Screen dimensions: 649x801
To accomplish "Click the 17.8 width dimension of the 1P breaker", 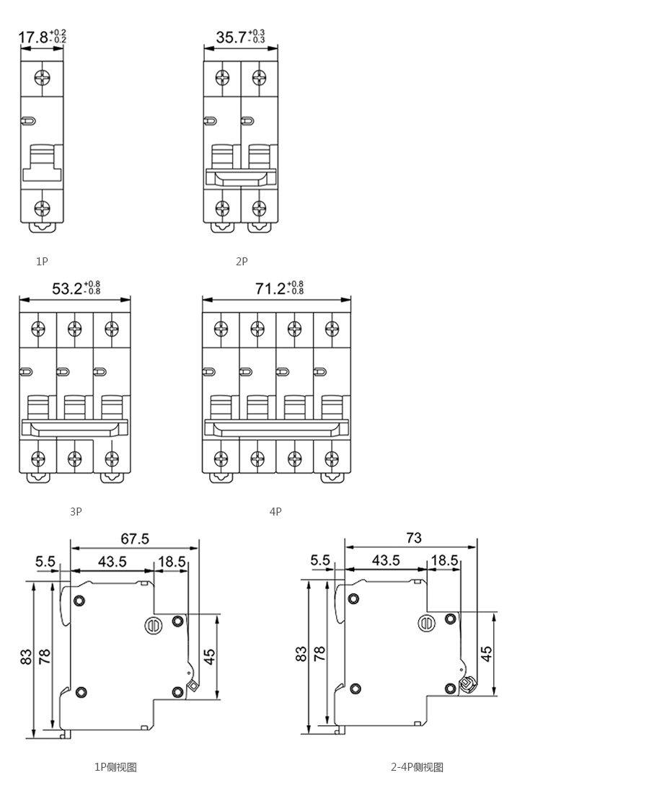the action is [34, 37].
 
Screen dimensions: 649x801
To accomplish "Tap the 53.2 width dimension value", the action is [68, 288].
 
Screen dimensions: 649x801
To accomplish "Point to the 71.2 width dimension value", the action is [270, 288].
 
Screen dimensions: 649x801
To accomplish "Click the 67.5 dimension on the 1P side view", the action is [135, 539].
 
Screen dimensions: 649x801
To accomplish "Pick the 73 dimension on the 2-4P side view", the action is [414, 537].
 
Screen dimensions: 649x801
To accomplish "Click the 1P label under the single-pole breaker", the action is [42, 261].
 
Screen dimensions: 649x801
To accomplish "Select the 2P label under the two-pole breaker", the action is [242, 261].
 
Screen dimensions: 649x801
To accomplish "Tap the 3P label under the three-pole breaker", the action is [76, 511].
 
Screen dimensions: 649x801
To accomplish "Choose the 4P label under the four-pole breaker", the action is [275, 511].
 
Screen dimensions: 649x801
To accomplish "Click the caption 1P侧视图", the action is [115, 767].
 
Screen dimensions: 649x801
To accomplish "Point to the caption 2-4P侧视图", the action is [417, 767].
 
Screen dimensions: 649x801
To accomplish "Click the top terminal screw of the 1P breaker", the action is [41, 78].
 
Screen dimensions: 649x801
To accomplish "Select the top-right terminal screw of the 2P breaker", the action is [260, 78].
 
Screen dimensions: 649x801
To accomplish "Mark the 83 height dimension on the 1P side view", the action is [27, 656].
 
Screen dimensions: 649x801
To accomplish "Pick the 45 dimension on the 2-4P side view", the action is [487, 654].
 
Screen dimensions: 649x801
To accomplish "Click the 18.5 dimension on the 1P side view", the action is [172, 562].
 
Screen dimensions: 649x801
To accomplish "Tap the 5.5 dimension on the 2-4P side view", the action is [320, 560].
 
